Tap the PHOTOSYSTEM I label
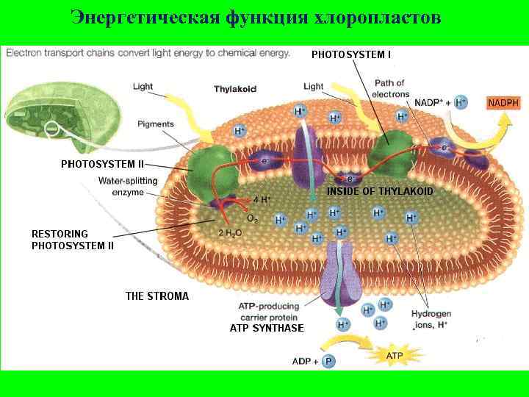351,54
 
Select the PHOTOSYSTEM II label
102,163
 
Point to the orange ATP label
394,357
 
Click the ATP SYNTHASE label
267,328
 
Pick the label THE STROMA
157,296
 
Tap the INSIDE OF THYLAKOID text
380,191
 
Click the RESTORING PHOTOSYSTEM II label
72,240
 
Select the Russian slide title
256,18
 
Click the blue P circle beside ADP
328,362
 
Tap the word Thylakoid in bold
235,89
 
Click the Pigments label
155,124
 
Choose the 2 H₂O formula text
230,234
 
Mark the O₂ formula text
252,219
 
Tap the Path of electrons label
389,88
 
